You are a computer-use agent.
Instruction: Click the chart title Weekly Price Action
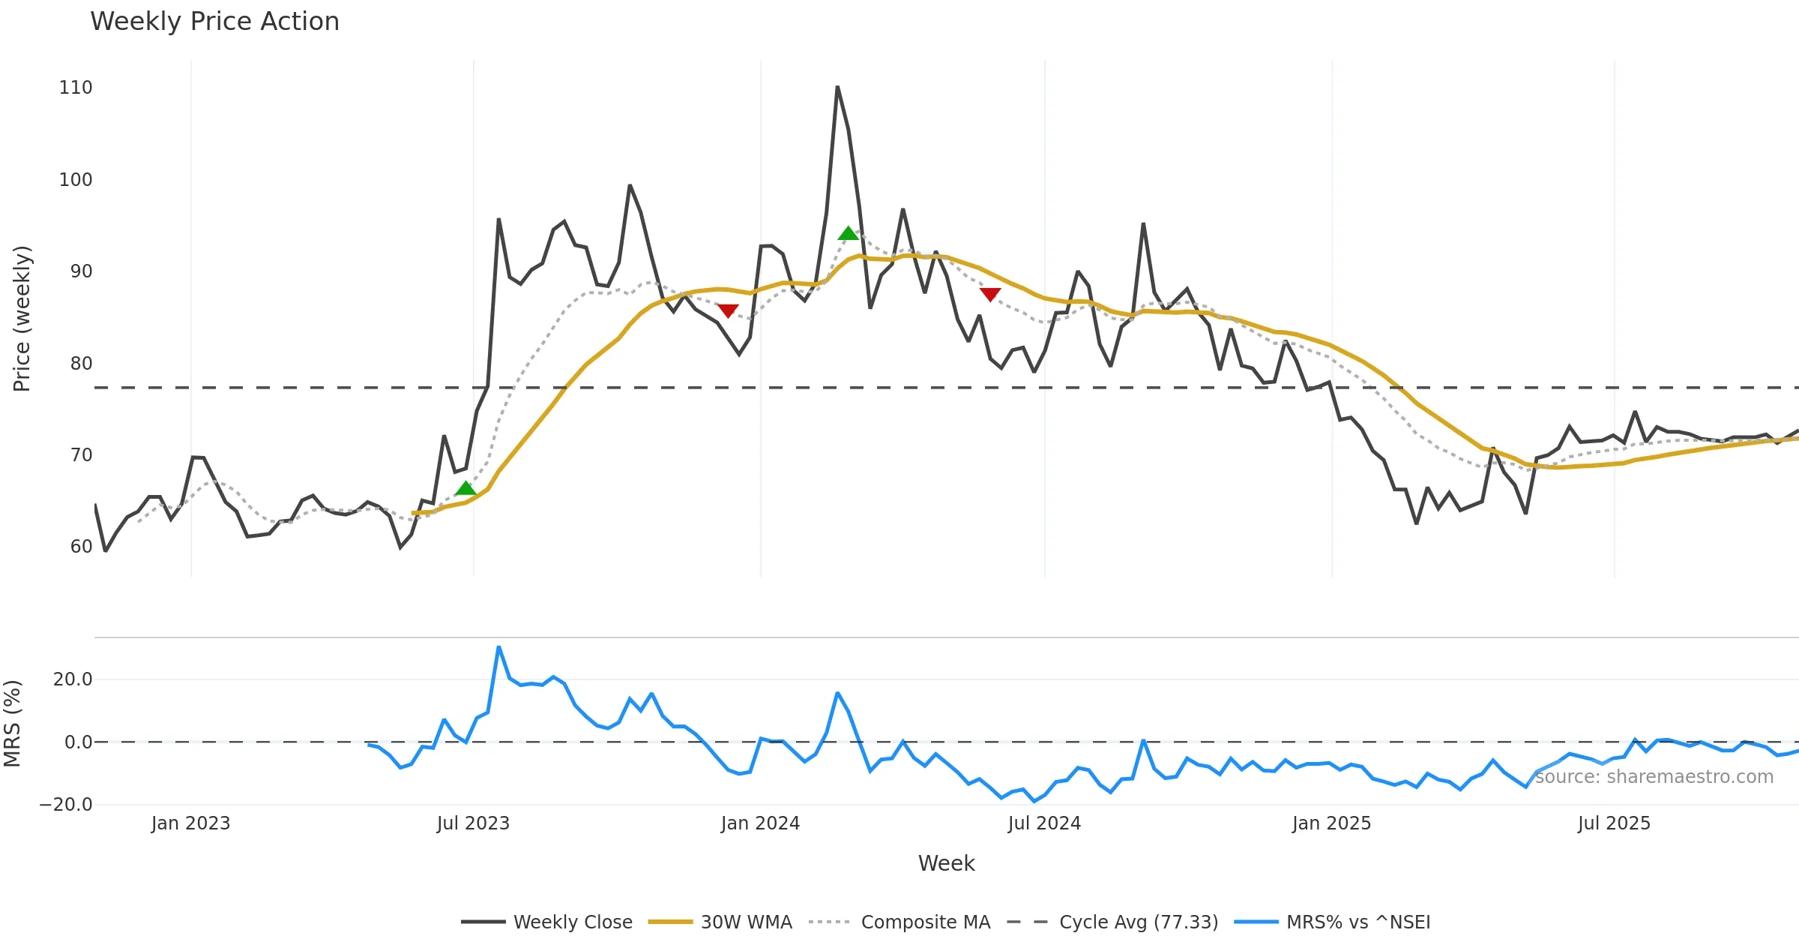pos(214,22)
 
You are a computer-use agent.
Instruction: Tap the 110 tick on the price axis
pos(76,88)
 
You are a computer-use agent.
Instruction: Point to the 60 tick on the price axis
pos(81,547)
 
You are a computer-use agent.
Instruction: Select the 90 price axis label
pos(81,271)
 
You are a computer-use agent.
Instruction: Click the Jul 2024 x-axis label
pos(1044,823)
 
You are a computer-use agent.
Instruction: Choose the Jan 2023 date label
pos(190,823)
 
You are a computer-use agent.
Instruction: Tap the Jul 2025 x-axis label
pos(1614,823)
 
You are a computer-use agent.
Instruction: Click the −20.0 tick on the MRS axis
pos(66,805)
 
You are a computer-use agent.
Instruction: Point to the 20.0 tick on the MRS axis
pos(73,679)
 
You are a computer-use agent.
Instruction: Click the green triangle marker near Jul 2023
pos(465,489)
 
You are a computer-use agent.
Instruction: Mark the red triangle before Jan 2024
pos(728,310)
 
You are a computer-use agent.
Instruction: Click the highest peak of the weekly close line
pos(837,88)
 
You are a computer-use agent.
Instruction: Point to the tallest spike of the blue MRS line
pos(498,646)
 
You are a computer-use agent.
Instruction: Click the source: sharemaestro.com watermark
pos(1654,777)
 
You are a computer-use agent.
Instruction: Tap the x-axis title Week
pos(946,863)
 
